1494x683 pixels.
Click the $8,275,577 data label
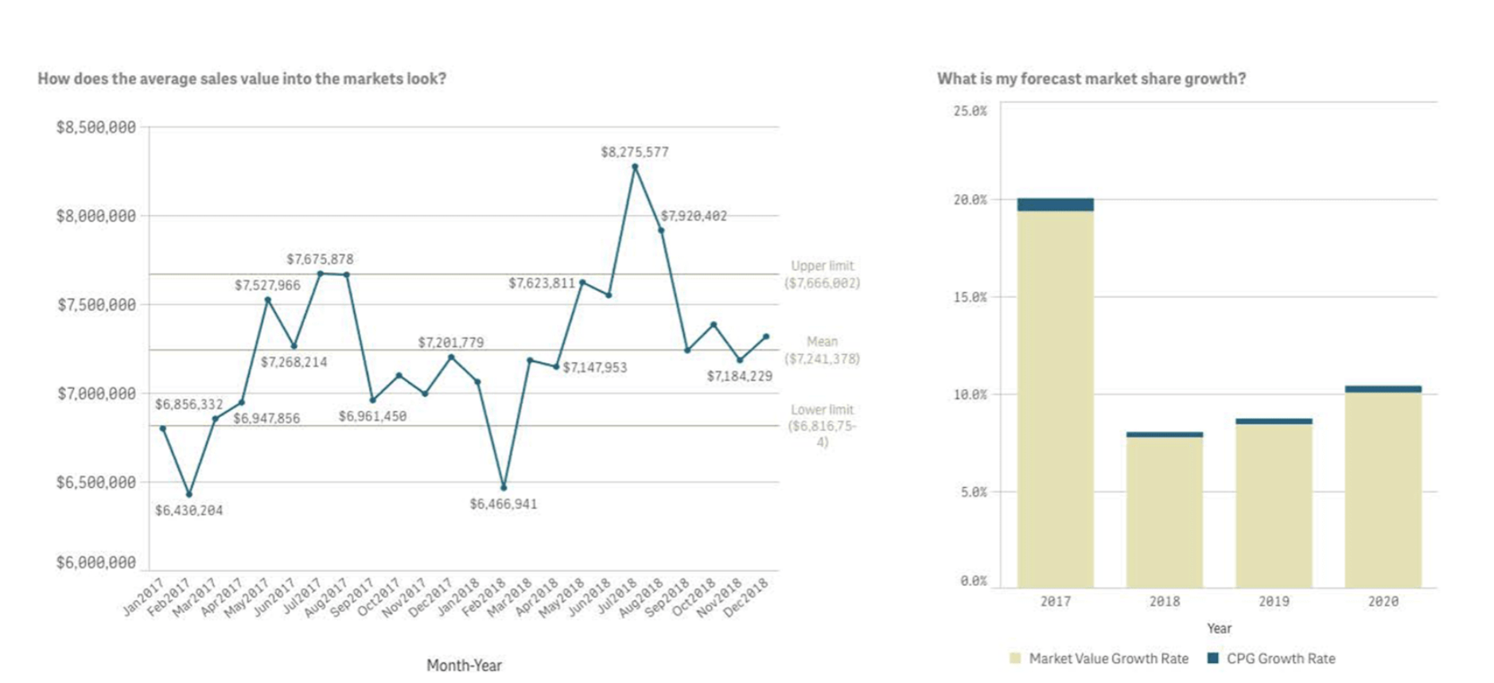[634, 152]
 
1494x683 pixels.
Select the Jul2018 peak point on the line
[635, 167]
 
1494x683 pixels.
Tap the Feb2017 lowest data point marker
[189, 494]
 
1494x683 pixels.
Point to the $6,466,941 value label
[503, 504]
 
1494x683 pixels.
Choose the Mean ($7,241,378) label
[822, 350]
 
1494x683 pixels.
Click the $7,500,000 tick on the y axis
[96, 305]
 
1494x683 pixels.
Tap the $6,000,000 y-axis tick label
[96, 563]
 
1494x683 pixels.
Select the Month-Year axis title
[464, 665]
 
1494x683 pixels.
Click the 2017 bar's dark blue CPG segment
[1055, 205]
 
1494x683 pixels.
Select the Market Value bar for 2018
[1165, 513]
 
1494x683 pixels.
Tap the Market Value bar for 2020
[1383, 490]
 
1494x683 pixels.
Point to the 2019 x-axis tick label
[1274, 602]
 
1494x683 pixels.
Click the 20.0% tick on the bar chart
[970, 200]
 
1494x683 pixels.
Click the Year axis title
[1219, 628]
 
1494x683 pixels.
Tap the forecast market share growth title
[1091, 79]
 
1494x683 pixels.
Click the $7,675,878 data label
[320, 260]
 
